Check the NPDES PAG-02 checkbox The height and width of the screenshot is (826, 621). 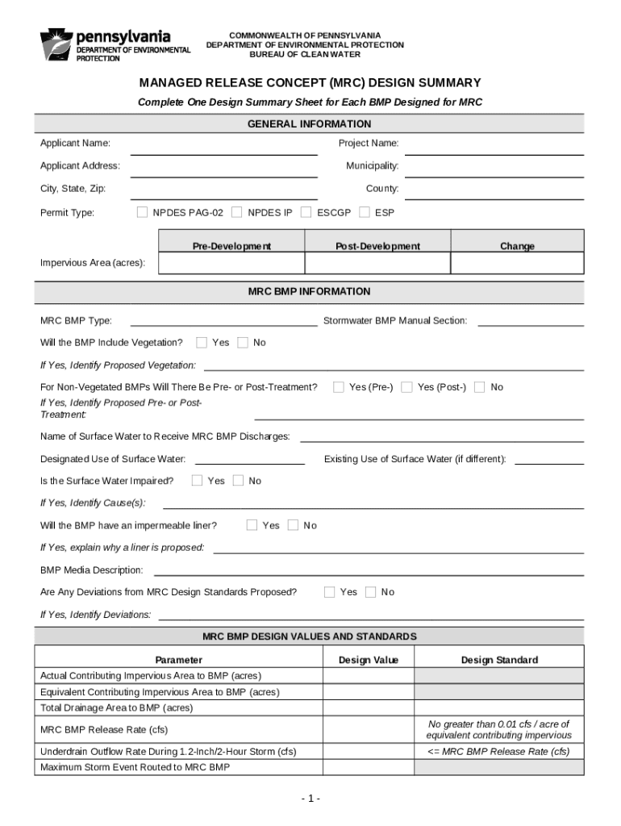click(x=142, y=212)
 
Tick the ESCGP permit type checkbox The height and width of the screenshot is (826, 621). click(x=306, y=212)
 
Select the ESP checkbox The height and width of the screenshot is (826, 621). click(x=365, y=212)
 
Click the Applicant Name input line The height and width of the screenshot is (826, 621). click(x=223, y=148)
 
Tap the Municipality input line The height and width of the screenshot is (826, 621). click(x=494, y=171)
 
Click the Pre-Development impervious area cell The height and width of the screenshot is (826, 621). click(x=231, y=264)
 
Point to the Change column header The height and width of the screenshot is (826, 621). click(x=517, y=246)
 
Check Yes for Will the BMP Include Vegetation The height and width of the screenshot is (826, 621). click(x=202, y=342)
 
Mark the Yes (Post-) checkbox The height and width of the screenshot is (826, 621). click(x=407, y=387)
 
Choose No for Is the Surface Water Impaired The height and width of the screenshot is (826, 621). click(x=238, y=481)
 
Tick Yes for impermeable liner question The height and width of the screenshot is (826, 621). click(x=252, y=525)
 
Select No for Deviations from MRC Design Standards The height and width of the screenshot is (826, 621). click(x=370, y=592)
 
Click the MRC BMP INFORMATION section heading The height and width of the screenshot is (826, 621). click(x=309, y=291)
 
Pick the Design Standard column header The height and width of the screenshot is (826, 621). click(x=498, y=660)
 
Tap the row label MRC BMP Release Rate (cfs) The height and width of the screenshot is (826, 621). click(x=104, y=729)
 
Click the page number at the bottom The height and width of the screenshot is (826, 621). click(x=310, y=799)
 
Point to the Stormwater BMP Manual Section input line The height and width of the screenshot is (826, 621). click(x=531, y=321)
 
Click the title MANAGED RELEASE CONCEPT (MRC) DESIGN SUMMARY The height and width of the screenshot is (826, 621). click(x=310, y=83)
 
